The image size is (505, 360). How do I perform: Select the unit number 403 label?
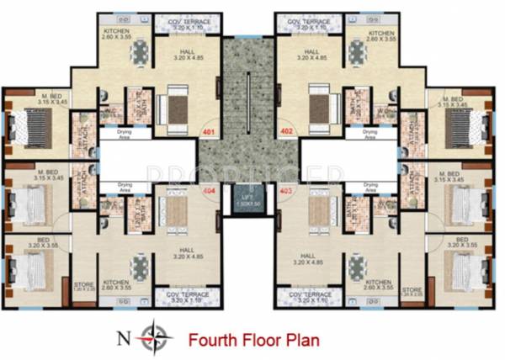coord(285,192)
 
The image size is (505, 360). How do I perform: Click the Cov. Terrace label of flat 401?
coord(188,25)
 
